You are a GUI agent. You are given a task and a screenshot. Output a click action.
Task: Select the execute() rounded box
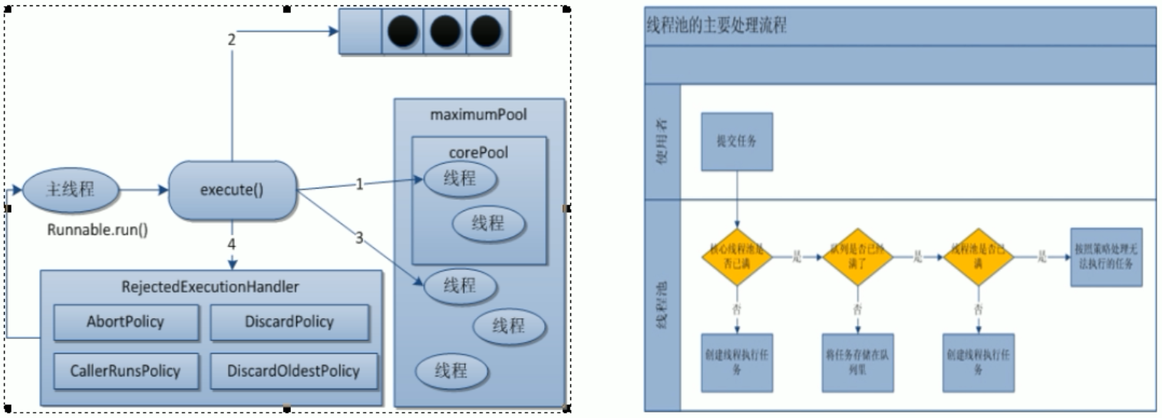[232, 190]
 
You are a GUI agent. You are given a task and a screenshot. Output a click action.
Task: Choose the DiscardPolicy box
[289, 322]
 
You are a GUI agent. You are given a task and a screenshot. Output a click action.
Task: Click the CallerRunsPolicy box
[116, 371]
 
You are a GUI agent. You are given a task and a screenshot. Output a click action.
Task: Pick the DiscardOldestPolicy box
[292, 371]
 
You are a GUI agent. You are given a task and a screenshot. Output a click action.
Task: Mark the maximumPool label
[480, 115]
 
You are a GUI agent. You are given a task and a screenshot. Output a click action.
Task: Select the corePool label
[479, 152]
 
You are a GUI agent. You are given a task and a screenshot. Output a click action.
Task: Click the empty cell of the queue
[361, 33]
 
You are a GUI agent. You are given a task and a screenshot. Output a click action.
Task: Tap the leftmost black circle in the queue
[403, 33]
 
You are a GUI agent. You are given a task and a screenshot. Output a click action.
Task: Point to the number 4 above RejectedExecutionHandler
[232, 244]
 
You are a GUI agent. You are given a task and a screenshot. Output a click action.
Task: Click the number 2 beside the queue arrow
[231, 39]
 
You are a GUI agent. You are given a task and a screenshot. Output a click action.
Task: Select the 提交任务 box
[737, 142]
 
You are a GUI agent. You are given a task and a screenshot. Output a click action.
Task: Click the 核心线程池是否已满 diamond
[736, 257]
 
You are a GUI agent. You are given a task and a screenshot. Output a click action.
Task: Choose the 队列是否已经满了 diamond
[858, 257]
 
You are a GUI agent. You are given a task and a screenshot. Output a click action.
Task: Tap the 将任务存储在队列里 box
[857, 363]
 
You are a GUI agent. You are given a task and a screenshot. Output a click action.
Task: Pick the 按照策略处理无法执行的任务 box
[1105, 257]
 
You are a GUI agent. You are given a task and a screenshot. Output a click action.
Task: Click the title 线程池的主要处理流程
[717, 25]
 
